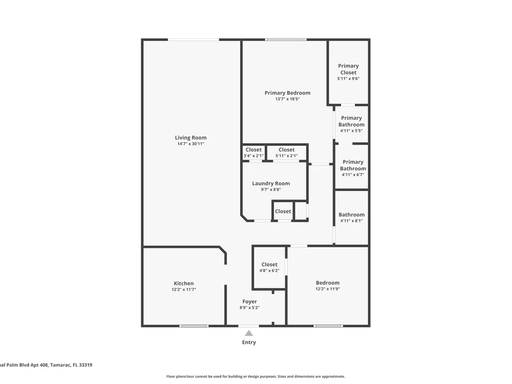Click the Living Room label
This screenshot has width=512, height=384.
tap(190, 138)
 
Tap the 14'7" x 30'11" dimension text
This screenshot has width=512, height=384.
tap(190, 144)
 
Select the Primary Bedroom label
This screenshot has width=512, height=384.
tap(287, 93)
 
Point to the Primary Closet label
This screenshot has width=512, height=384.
tap(348, 69)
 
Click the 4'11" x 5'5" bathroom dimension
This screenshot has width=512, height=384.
tap(351, 131)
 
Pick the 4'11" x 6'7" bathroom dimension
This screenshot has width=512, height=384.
tap(353, 175)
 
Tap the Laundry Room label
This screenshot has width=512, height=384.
tap(271, 183)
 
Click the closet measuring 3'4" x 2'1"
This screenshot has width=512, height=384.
tap(254, 153)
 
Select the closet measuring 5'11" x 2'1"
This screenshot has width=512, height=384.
tap(287, 153)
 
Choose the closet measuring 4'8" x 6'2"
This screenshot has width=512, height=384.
tap(269, 267)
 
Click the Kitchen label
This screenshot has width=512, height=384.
tap(184, 284)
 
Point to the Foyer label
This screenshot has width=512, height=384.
tap(249, 302)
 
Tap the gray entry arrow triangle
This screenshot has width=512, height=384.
tap(249, 333)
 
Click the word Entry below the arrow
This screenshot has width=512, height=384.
tap(249, 343)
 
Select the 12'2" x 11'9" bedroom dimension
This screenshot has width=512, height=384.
tap(328, 289)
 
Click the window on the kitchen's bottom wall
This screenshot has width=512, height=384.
tap(194, 326)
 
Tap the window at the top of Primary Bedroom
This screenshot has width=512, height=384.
tap(286, 40)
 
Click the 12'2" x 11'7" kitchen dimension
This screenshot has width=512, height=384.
tap(184, 290)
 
